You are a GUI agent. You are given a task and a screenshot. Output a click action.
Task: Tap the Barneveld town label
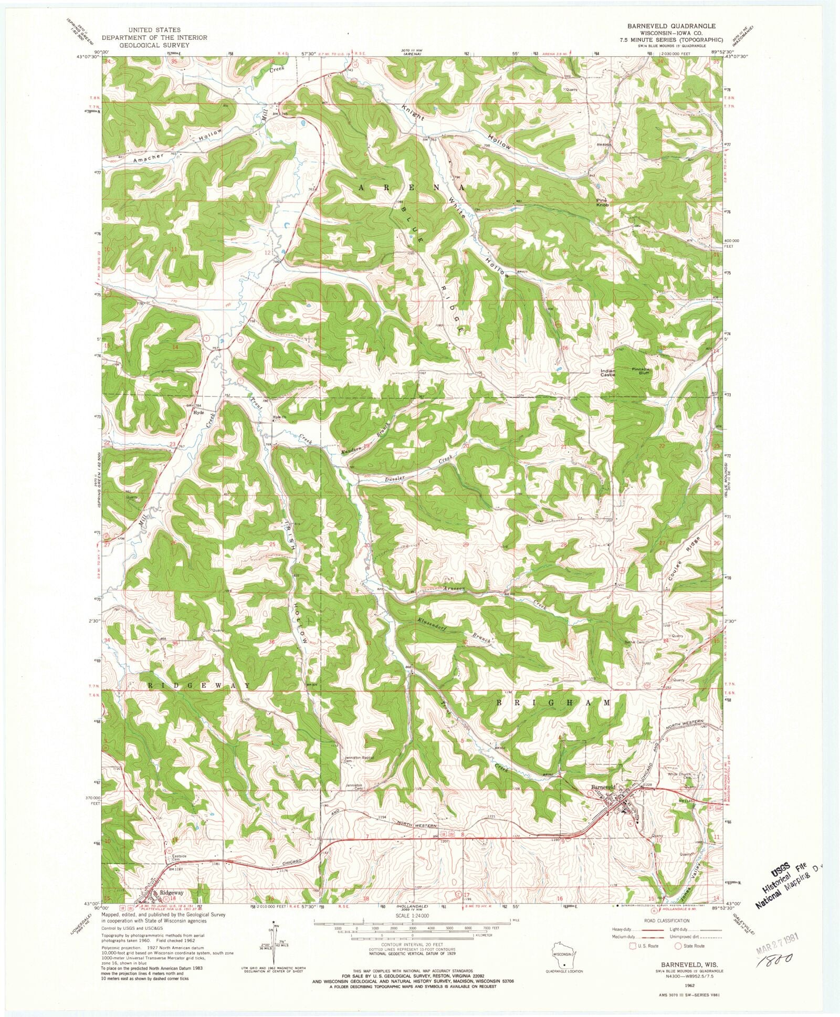[605, 788]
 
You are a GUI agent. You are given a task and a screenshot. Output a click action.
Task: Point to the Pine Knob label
[602, 202]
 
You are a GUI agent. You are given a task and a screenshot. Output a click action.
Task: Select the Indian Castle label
[607, 373]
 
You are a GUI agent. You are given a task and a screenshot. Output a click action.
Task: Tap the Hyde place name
[198, 412]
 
